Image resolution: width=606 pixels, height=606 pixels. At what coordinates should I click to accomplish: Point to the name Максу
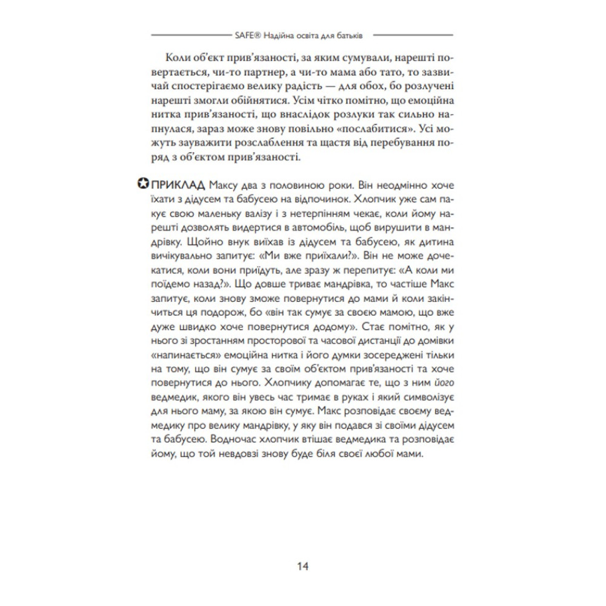[227, 184]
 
